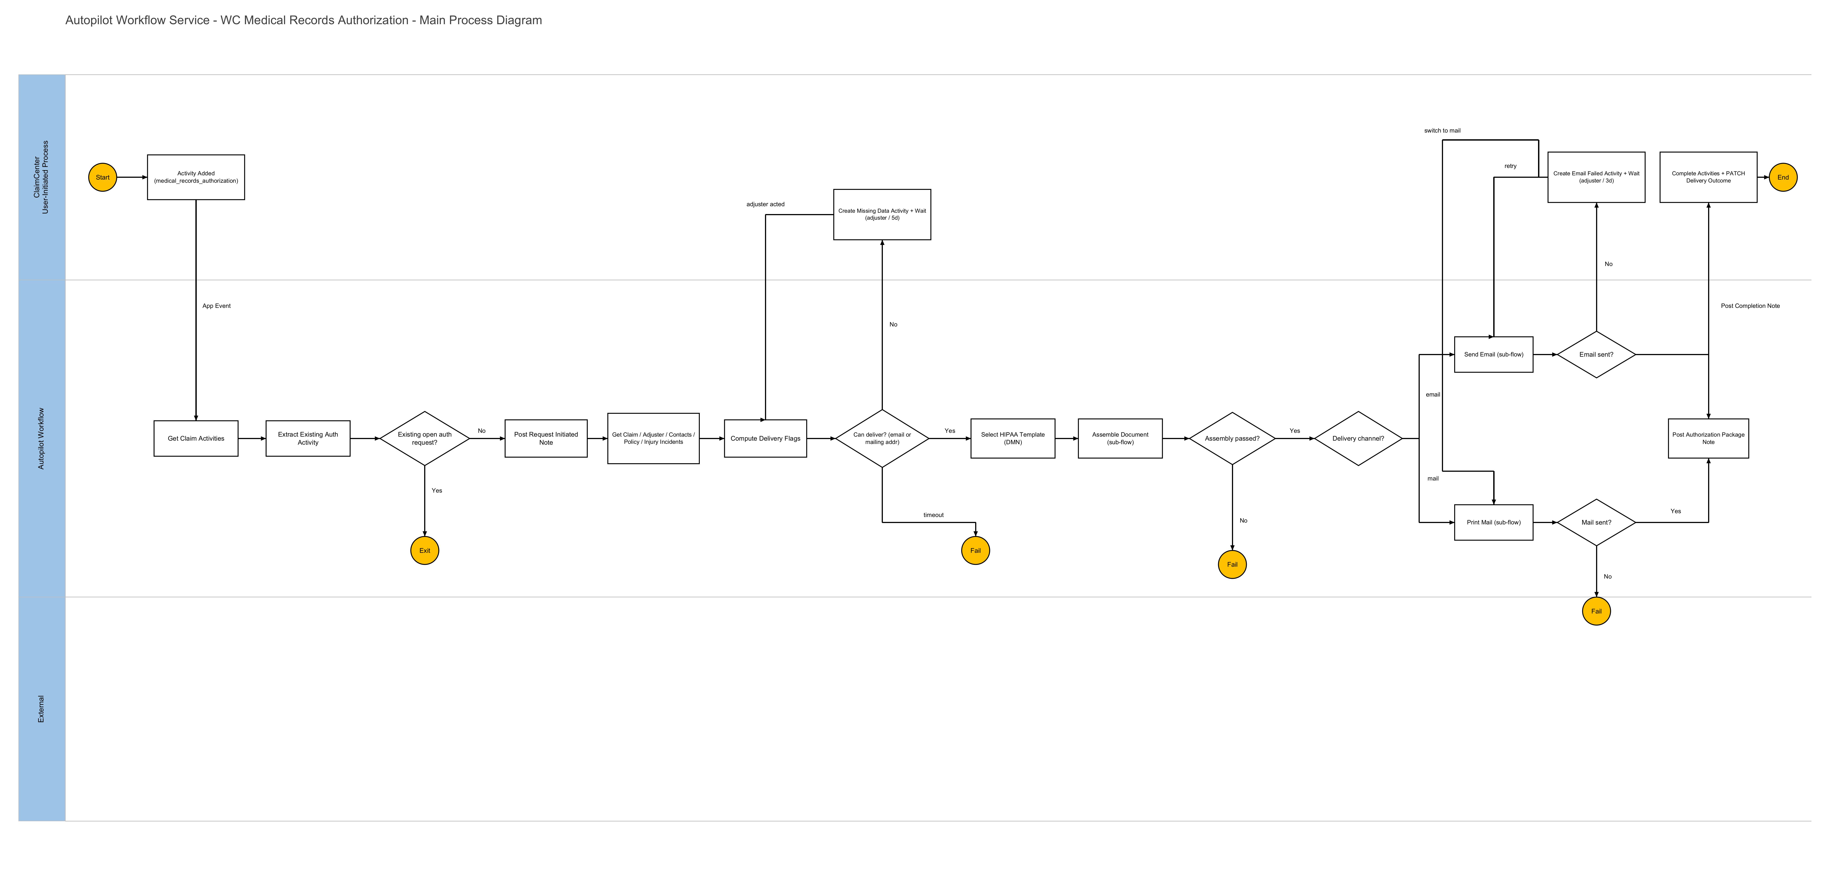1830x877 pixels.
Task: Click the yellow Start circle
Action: tap(102, 178)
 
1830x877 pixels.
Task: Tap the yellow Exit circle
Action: tap(425, 550)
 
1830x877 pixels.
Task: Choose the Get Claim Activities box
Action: tap(196, 438)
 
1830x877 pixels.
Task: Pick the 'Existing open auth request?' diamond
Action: tap(425, 438)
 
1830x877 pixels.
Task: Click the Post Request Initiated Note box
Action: tap(546, 438)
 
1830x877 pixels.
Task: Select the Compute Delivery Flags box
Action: tap(766, 438)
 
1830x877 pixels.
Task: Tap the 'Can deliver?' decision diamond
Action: tap(882, 438)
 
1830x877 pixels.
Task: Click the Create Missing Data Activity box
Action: tap(882, 214)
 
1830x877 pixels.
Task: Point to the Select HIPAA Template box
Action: tap(1013, 438)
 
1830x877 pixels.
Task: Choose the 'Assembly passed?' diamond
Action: tap(1233, 438)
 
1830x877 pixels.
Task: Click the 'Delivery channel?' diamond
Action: tap(1358, 438)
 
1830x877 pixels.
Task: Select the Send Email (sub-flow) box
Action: tap(1494, 354)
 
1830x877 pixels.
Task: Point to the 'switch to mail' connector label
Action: tap(1442, 131)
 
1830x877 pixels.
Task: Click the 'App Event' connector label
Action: tap(217, 306)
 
